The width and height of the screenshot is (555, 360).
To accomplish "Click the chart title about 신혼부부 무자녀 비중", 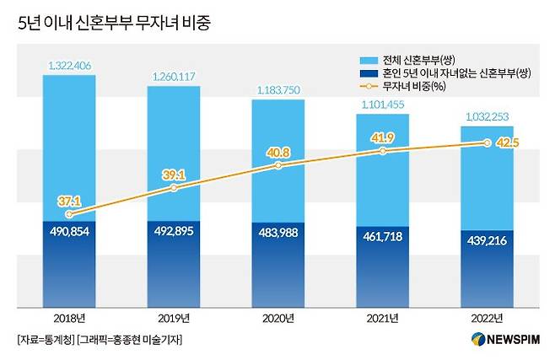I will (x=114, y=23).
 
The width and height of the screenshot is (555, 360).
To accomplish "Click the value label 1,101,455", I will (x=383, y=105).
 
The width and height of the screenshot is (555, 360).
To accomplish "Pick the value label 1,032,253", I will (x=488, y=117).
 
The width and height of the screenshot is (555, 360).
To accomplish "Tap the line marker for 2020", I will (x=278, y=166).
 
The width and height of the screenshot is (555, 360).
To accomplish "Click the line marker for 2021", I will (x=383, y=151).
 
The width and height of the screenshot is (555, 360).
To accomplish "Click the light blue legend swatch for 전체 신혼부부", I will (x=368, y=62).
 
